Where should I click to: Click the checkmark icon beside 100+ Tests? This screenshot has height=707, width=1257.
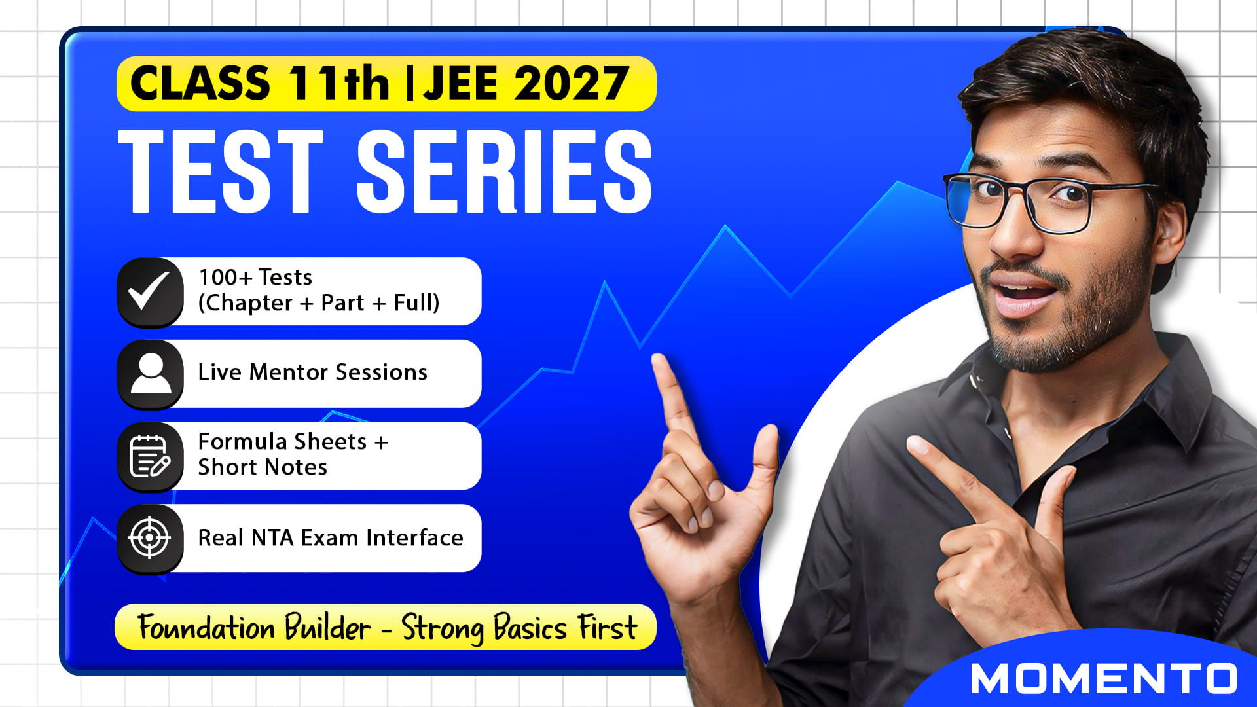coord(150,291)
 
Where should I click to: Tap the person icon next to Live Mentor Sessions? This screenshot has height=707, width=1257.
coord(150,374)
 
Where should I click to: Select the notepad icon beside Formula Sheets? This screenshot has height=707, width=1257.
coord(150,456)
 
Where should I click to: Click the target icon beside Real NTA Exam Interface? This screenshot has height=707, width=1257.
coord(150,538)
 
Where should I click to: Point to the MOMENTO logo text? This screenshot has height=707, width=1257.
coord(1104,678)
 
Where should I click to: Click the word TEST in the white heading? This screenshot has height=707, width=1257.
coord(221,171)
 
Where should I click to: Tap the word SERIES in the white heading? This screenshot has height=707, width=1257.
coord(504,171)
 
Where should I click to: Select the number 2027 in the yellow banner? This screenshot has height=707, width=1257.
coord(572,84)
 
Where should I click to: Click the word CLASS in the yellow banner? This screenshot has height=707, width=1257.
coord(200,83)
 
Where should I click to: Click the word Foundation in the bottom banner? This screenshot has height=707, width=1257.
coord(207,627)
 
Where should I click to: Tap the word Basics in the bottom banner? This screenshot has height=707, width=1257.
coord(530,627)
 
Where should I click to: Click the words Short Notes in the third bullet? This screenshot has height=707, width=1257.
coord(263,467)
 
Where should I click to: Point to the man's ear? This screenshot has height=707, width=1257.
coord(1167,229)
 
